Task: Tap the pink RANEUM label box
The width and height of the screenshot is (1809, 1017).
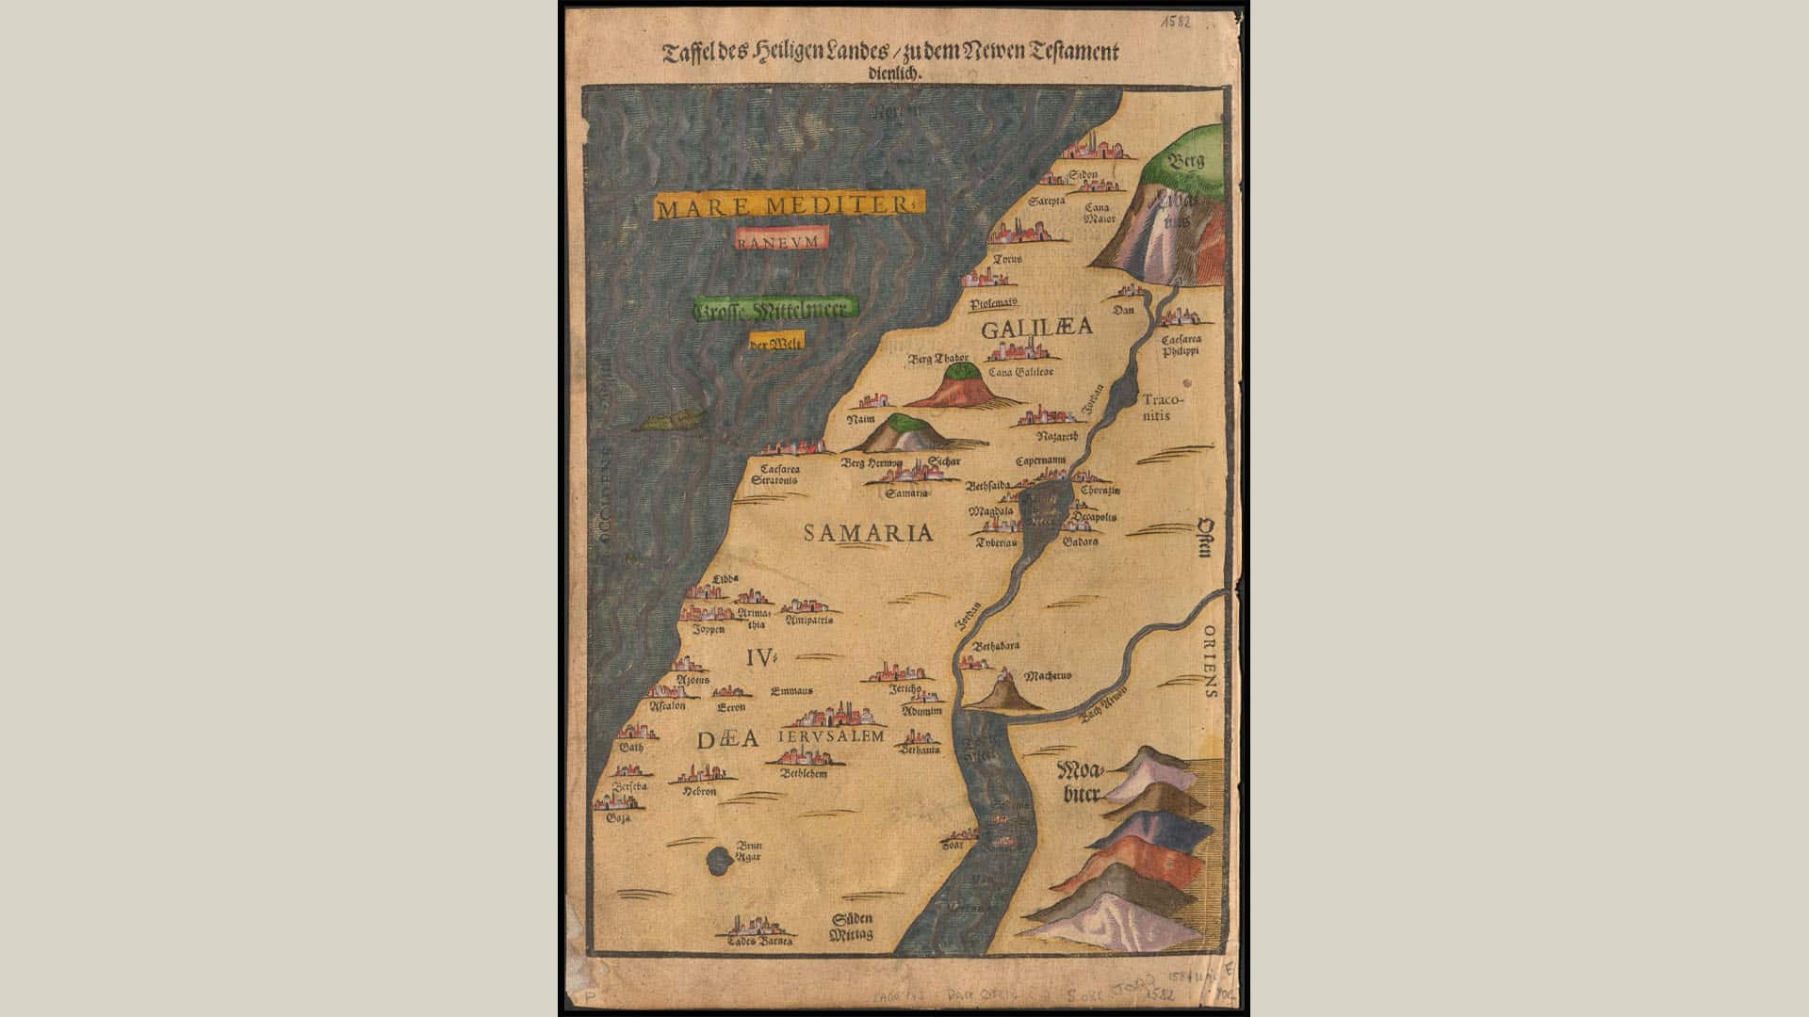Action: (x=781, y=239)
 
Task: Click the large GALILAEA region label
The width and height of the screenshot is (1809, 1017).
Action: (x=1036, y=328)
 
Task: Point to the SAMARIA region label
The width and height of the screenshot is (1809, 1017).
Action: (x=868, y=533)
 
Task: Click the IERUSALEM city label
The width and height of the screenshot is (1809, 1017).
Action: (x=831, y=735)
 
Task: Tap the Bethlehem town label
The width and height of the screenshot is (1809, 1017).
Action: (x=804, y=773)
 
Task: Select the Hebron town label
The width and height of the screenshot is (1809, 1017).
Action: (x=700, y=792)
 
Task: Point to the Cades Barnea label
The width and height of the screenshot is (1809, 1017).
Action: (x=759, y=941)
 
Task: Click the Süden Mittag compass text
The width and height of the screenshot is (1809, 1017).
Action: (x=852, y=927)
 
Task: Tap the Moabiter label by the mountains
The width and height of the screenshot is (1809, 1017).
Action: (x=1081, y=783)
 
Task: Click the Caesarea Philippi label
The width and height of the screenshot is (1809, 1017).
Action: (x=1180, y=345)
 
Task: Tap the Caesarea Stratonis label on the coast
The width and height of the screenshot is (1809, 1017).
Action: (x=774, y=474)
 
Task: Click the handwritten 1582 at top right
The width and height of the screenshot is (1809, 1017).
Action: (x=1175, y=21)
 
